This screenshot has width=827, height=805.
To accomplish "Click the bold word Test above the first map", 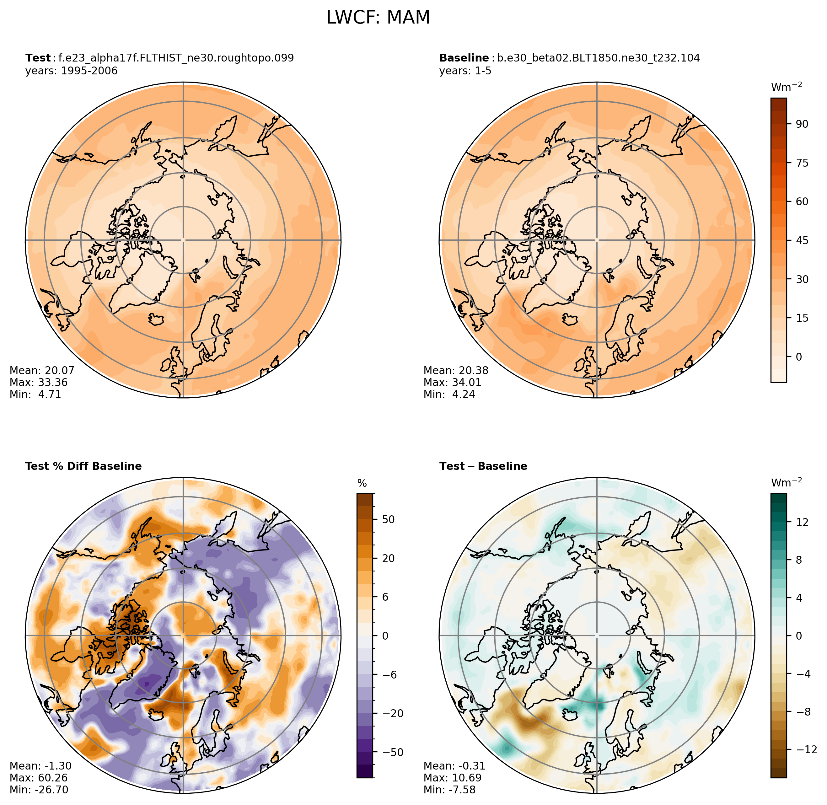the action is point(38,58).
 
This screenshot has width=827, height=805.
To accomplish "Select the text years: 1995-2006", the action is point(72,71).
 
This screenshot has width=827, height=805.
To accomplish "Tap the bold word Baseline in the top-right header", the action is point(464,58).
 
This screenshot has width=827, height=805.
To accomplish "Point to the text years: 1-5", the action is point(465,71).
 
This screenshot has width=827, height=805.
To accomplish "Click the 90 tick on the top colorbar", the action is point(802,124).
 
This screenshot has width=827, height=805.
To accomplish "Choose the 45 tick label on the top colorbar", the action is point(802,241).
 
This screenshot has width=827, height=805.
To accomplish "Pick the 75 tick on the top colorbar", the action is point(802,163).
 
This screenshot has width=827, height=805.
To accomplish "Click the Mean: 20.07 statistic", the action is point(42,370).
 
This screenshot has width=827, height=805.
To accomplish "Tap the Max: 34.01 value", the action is point(452,383).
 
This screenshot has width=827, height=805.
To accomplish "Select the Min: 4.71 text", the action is point(35,394).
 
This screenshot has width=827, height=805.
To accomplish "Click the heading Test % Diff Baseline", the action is point(83,466).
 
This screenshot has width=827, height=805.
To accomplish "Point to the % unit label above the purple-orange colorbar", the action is point(362,484).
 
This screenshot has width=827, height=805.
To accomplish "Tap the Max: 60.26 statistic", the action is point(39,778).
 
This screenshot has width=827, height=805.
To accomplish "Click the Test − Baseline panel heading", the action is point(483,466).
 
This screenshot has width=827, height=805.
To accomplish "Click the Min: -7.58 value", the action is point(450,790).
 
